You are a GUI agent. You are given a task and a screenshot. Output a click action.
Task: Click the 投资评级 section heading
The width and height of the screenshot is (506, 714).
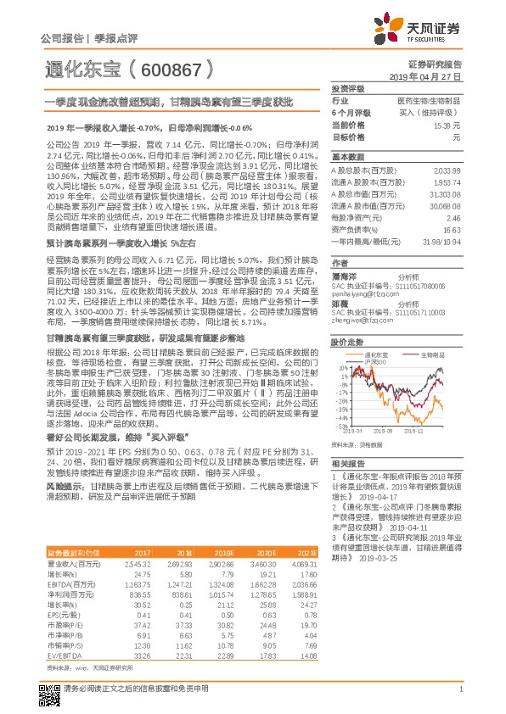347,87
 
